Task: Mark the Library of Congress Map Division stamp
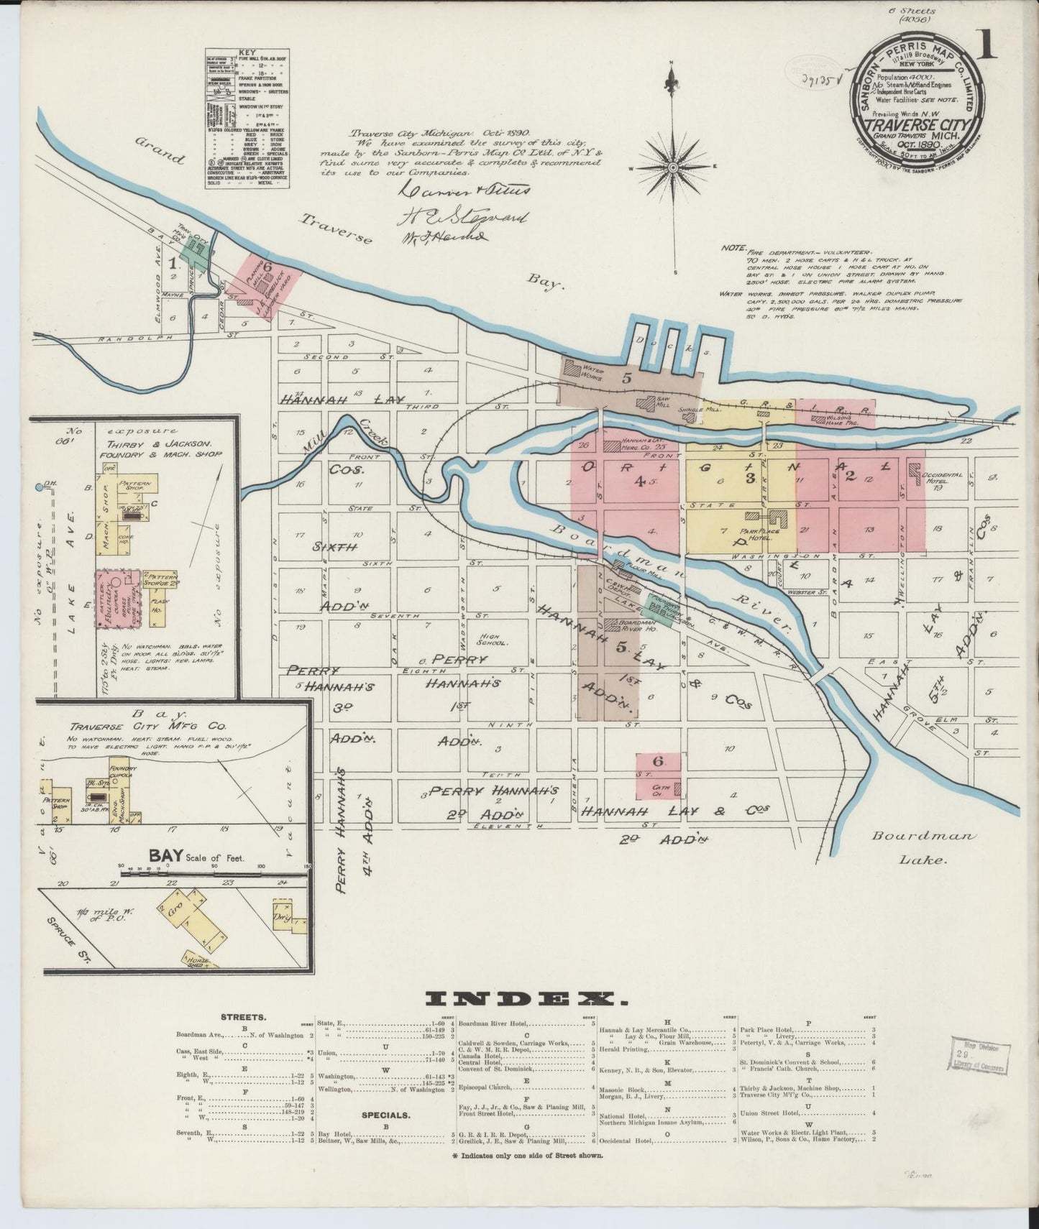pos(979,1055)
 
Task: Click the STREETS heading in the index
pos(244,1018)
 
